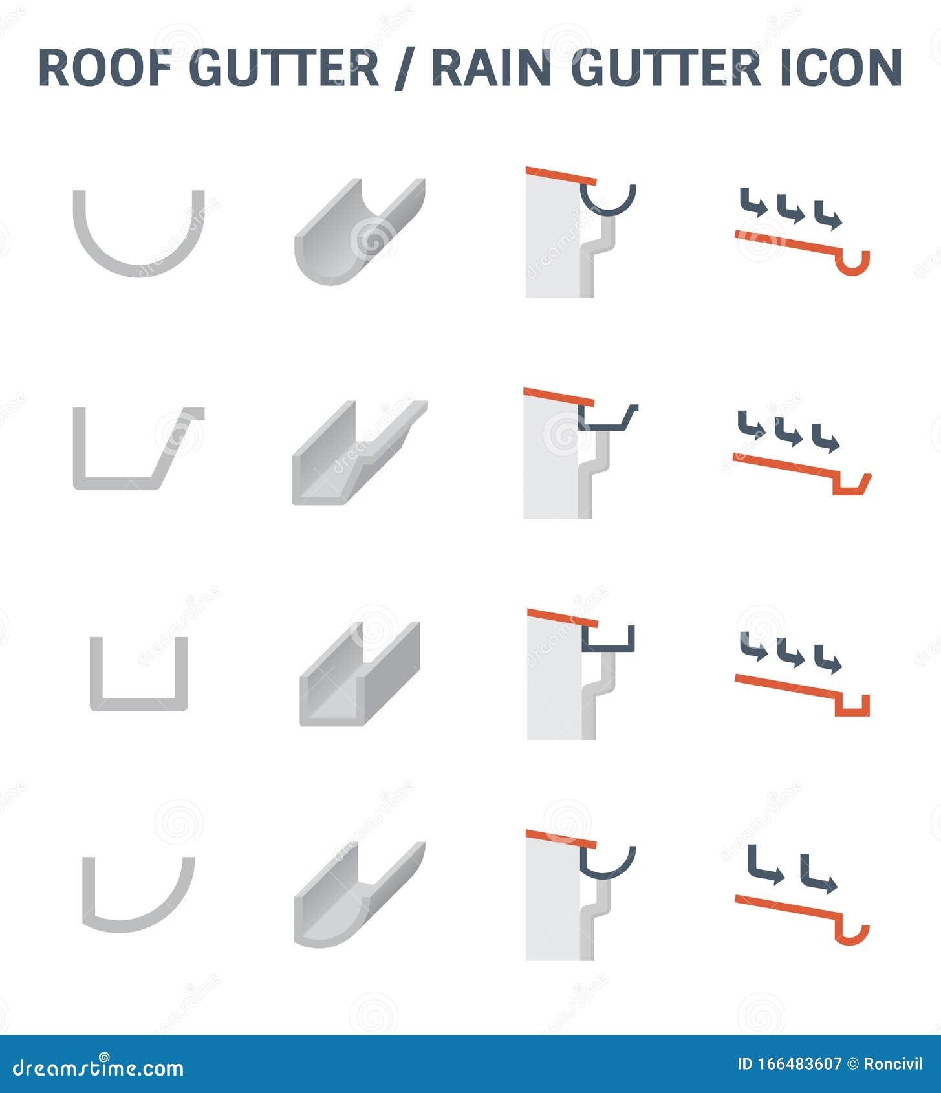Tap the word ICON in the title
[840, 67]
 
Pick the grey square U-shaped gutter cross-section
[138, 705]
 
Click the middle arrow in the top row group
[790, 210]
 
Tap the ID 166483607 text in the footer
[789, 1064]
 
